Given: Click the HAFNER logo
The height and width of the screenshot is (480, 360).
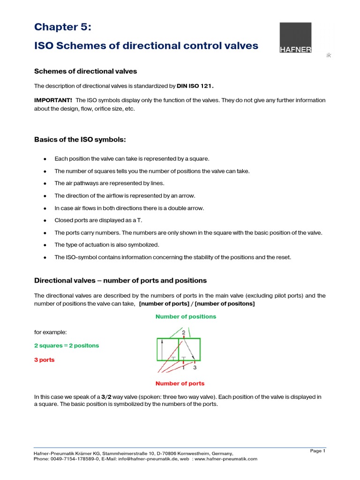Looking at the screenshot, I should pos(295,37).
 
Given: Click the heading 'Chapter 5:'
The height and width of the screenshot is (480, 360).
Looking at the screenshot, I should pos(62,27).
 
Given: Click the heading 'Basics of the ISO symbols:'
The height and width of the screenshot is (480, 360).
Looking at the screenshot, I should pos(80,140).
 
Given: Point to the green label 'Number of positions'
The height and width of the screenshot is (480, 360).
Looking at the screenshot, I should pos(186,316).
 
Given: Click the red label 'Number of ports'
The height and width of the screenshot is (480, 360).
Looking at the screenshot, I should pos(180,383).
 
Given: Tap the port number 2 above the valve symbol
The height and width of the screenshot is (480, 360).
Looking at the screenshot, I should pos(184,332).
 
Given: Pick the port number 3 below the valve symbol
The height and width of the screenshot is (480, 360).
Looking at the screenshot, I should pos(195,367).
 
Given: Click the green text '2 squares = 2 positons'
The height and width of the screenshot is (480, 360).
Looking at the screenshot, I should pos(66,345).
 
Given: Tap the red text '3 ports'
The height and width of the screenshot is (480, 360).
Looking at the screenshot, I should pos(44,360).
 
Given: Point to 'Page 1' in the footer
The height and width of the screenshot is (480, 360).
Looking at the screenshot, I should pos(317,451).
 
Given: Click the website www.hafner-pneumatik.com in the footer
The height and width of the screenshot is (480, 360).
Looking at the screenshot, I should pos(226,459).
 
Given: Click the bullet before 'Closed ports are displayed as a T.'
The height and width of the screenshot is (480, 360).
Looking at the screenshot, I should pos(44,220).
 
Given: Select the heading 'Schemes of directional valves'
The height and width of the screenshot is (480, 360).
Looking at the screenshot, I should pos(86,71).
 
